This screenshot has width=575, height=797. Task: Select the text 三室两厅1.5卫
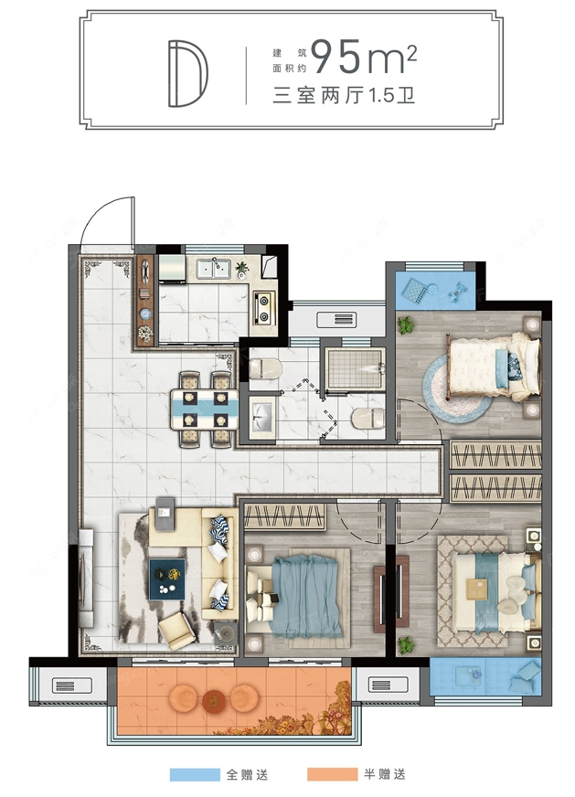(344, 96)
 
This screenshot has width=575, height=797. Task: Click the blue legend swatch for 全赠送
(194, 775)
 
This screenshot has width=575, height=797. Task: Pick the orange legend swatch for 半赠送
(332, 775)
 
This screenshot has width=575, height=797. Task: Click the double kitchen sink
(214, 269)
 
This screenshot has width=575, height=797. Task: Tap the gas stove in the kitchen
(264, 307)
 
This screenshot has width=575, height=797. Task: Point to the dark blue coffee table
(167, 579)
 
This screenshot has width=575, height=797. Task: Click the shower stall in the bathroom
(355, 368)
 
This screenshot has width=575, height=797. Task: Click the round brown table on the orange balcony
(214, 701)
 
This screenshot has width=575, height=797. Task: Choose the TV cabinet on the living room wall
(86, 578)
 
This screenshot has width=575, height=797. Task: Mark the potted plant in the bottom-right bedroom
(406, 645)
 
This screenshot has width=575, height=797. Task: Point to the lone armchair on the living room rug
(177, 631)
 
